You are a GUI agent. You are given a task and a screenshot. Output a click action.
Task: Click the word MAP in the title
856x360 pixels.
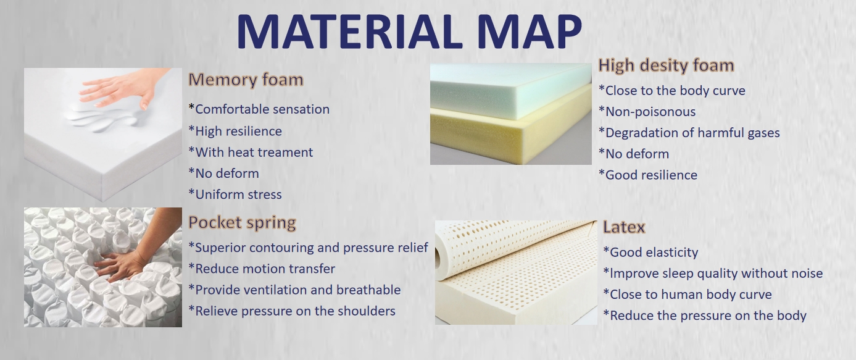click(x=530, y=31)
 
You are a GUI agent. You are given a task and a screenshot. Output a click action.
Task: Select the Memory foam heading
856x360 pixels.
click(x=246, y=80)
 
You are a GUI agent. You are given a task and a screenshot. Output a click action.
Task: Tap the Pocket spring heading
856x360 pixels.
click(x=243, y=223)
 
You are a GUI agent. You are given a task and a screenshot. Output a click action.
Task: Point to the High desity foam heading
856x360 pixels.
click(x=666, y=65)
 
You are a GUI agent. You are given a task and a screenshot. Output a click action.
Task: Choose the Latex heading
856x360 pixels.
click(x=624, y=227)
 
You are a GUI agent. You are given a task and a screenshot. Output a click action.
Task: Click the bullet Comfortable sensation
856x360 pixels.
click(x=259, y=109)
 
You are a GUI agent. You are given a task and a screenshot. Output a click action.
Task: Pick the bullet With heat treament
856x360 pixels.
click(x=251, y=152)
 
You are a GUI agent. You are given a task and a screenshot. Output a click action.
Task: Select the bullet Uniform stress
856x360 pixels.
click(x=235, y=195)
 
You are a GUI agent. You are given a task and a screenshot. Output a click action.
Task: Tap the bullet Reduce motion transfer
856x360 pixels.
click(x=262, y=269)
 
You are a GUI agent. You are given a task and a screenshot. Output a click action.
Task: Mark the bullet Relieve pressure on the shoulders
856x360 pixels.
click(x=292, y=311)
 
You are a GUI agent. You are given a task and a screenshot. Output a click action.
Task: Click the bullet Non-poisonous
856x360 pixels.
click(x=647, y=112)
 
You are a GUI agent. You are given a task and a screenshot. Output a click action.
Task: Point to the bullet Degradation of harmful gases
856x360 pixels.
click(x=689, y=133)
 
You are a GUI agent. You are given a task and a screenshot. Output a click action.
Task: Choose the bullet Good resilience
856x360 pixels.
click(x=648, y=175)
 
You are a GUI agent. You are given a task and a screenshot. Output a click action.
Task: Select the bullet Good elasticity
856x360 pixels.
click(x=650, y=252)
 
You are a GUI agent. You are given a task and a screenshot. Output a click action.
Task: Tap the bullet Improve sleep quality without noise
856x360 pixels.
click(x=713, y=274)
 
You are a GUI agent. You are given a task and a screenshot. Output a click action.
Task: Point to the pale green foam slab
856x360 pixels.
click(x=510, y=90)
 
